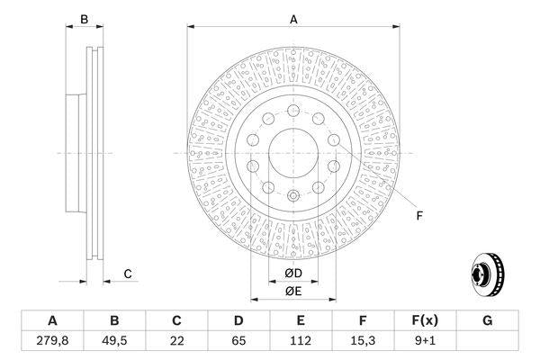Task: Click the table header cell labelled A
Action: point(52,319)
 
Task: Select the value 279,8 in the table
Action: point(52,340)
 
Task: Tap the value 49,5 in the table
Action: point(114,340)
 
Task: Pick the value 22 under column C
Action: point(177,340)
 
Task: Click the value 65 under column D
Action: point(238,340)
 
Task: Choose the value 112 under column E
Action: point(301,340)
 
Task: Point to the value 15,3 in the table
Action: point(363,340)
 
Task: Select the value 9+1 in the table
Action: point(425,340)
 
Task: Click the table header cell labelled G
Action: point(487,319)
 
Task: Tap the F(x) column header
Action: point(425,319)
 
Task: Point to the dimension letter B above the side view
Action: point(84,18)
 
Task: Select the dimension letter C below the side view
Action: point(128,274)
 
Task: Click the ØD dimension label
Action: point(292,274)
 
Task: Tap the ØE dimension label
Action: point(292,290)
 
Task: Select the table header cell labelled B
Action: point(114,319)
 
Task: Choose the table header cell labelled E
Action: point(301,319)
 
